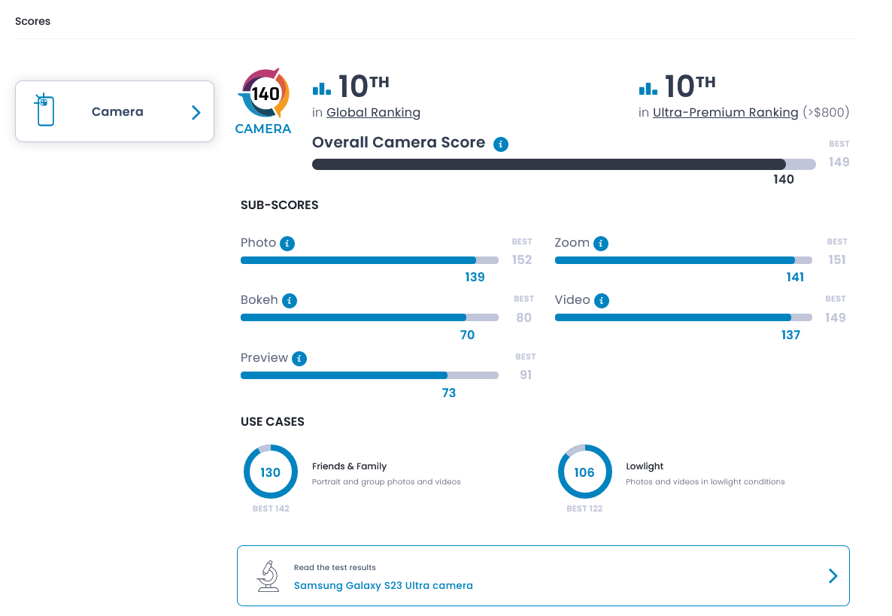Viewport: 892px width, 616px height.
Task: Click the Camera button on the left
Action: (x=114, y=111)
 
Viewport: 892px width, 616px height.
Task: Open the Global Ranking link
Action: (x=373, y=113)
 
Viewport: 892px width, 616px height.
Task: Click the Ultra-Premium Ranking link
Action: (x=725, y=113)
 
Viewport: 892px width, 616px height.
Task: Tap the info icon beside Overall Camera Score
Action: (x=502, y=144)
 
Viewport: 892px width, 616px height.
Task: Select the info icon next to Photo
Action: (x=287, y=244)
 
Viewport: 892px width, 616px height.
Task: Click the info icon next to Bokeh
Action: (x=290, y=301)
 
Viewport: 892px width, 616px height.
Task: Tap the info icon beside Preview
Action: (x=299, y=359)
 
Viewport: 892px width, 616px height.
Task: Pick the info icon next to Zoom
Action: (x=601, y=244)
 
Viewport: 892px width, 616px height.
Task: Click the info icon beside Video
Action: (x=602, y=301)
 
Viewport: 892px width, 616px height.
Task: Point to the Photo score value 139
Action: (x=475, y=278)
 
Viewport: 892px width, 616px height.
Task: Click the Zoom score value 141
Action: (x=795, y=278)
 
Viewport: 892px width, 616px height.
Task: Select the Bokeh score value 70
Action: (x=467, y=335)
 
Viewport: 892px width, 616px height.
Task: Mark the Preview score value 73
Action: (x=449, y=393)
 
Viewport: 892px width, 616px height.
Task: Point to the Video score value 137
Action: (x=790, y=335)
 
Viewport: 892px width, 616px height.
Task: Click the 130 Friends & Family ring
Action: (x=271, y=472)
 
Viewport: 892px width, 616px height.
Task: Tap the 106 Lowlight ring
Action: (x=584, y=472)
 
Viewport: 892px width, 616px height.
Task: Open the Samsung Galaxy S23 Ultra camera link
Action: (x=383, y=585)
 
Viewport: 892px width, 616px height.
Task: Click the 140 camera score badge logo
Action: (x=264, y=94)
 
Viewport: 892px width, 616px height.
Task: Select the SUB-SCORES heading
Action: (x=279, y=205)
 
